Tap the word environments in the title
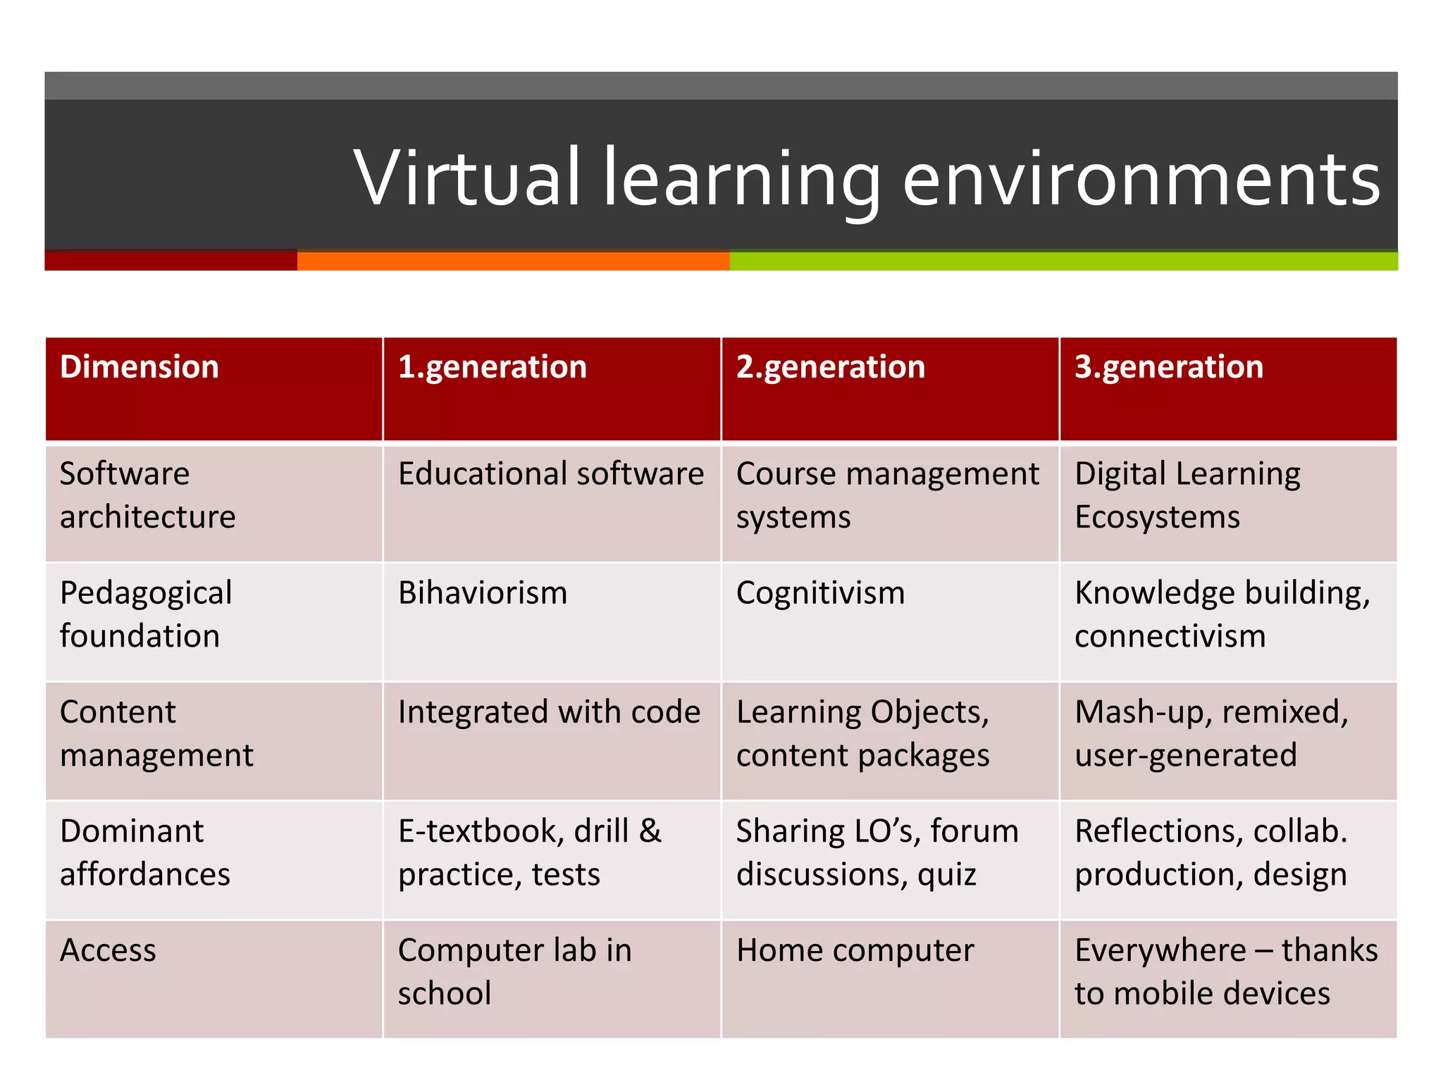click(x=1141, y=180)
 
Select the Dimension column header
click(x=140, y=367)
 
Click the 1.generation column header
click(x=492, y=367)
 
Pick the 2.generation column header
click(x=830, y=367)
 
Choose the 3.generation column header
click(x=1168, y=367)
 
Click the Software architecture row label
click(x=147, y=495)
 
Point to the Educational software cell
click(x=550, y=473)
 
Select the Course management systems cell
click(x=887, y=495)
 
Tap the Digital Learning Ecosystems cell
click(x=1187, y=495)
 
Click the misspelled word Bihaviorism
click(x=483, y=592)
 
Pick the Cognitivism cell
click(x=820, y=592)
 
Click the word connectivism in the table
click(x=1170, y=636)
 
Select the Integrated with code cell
click(x=549, y=711)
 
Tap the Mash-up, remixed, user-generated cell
click(x=1210, y=733)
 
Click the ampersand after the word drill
click(x=650, y=831)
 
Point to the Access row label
click(x=108, y=950)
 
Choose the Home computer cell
click(x=855, y=950)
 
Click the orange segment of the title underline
click(x=513, y=261)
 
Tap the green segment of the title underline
click(x=1063, y=261)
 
